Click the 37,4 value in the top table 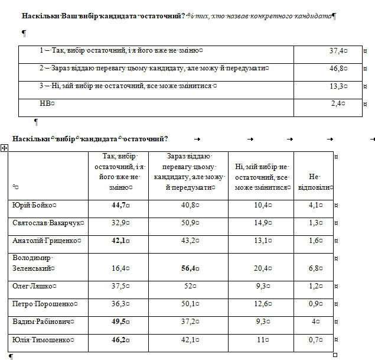click(337, 51)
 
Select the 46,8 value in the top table click(337, 69)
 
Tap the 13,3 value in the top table click(337, 86)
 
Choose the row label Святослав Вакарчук click(47, 223)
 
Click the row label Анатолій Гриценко click(44, 241)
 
